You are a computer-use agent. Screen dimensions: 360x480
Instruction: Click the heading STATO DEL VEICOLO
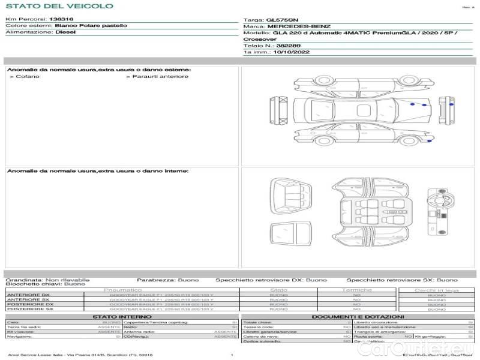59,6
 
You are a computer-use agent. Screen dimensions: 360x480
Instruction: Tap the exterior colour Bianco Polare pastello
91,26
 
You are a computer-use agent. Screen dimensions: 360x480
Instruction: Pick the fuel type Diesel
65,32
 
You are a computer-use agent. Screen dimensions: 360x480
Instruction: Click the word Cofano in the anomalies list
28,76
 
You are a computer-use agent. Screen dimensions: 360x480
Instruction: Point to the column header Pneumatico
122,290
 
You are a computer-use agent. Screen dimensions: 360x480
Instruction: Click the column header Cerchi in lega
436,290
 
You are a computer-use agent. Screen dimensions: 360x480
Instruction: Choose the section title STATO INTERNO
122,317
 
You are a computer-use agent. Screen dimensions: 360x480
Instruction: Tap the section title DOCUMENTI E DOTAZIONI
358,317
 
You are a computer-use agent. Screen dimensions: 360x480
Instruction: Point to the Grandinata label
23,280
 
